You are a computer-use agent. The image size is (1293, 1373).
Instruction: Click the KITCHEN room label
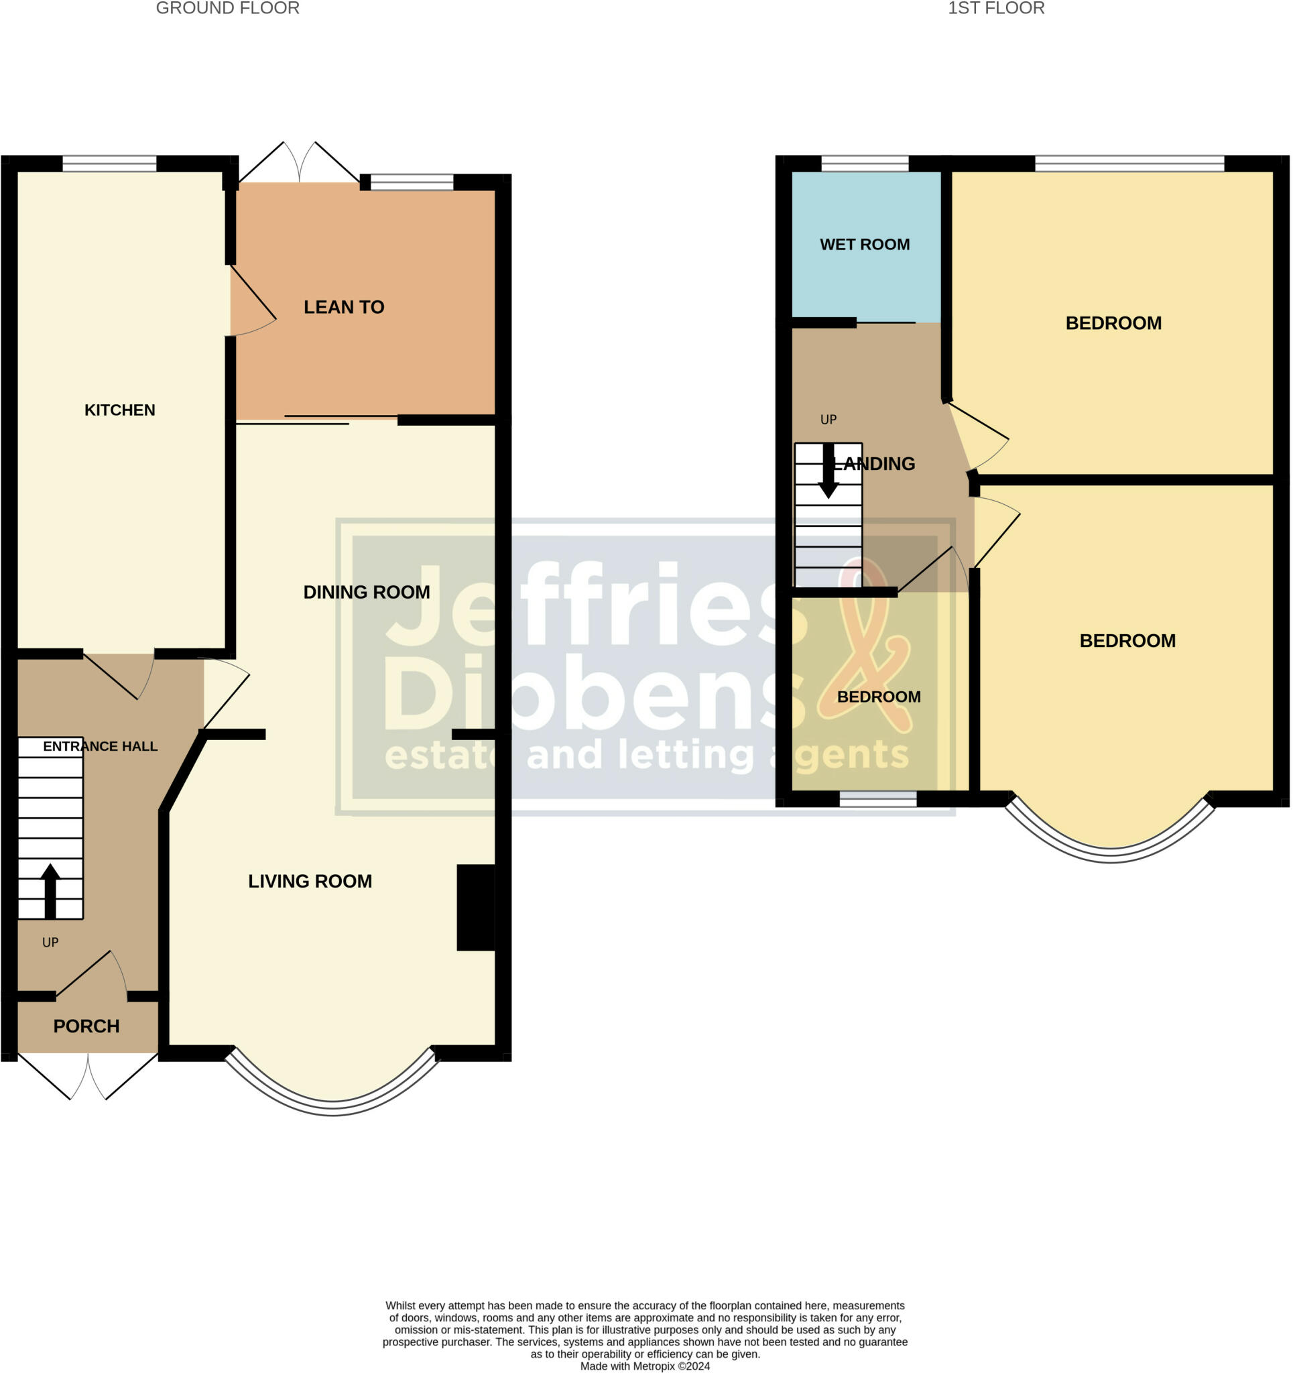[x=119, y=410]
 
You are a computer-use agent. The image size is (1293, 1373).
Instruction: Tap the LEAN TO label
[x=344, y=307]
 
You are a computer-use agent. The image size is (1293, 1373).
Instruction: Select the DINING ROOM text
[x=366, y=592]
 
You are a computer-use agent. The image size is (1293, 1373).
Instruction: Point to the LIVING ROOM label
[x=310, y=882]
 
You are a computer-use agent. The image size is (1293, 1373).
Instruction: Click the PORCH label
[x=86, y=1026]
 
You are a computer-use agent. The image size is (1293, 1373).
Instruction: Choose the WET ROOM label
[x=864, y=245]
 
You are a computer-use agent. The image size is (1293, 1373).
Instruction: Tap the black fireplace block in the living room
[x=476, y=908]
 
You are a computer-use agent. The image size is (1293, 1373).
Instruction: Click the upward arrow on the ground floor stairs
[x=50, y=891]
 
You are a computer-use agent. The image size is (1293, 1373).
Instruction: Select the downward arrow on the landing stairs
[x=828, y=472]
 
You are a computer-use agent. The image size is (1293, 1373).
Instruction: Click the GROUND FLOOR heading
[x=227, y=8]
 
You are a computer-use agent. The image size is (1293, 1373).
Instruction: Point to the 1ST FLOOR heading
[x=995, y=8]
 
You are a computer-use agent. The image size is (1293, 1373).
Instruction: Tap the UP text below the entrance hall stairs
[x=50, y=943]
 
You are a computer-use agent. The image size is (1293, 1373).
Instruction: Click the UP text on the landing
[x=828, y=420]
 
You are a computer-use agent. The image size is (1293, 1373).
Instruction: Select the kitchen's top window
[x=109, y=164]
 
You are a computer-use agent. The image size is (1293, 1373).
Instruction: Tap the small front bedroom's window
[x=877, y=799]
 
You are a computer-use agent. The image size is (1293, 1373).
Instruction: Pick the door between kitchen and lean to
[x=252, y=304]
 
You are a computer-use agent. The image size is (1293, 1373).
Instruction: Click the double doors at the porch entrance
[x=88, y=1077]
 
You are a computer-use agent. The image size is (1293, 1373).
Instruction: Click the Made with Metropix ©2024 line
[x=644, y=1366]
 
